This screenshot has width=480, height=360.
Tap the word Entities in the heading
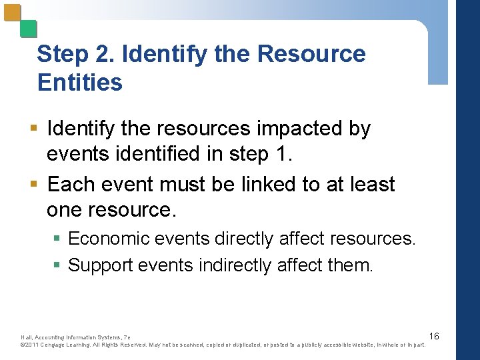pos(80,83)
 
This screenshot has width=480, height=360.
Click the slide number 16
pos(434,336)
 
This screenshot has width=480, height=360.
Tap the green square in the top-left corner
pos(28,29)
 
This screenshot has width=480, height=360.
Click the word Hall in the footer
pos(27,337)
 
